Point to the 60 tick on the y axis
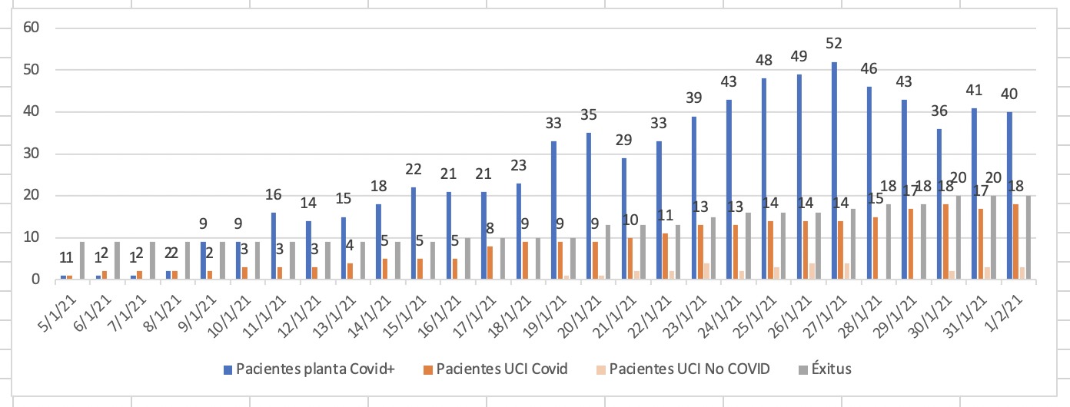tap(31, 28)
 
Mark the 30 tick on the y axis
tap(31, 154)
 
